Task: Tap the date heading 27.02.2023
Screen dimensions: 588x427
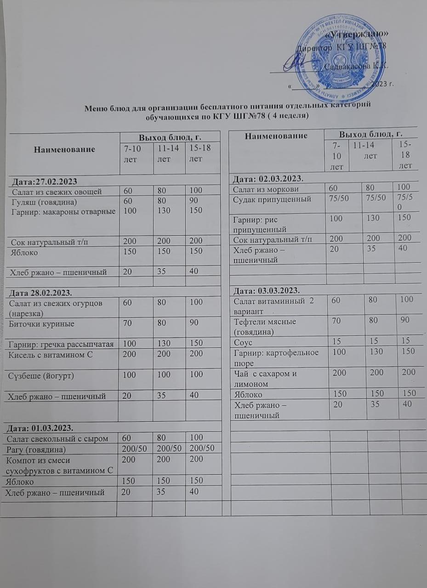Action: coord(42,181)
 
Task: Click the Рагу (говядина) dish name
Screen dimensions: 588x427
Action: coord(39,448)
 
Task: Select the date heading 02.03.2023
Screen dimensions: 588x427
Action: coord(269,178)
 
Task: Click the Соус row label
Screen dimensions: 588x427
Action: coord(244,342)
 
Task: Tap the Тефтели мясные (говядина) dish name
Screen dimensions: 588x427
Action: coord(264,326)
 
